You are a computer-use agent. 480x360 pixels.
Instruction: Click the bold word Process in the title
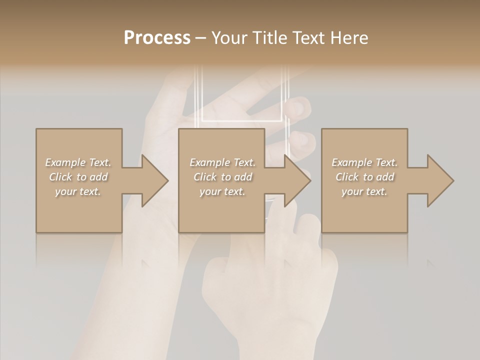157,38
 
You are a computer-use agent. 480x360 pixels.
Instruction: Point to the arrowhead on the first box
154,180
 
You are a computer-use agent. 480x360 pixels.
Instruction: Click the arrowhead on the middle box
297,180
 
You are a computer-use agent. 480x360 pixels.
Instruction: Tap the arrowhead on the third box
440,180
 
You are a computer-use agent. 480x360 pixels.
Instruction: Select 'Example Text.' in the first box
78,162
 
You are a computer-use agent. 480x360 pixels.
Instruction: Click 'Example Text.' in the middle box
222,162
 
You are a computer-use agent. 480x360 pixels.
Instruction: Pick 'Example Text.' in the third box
364,162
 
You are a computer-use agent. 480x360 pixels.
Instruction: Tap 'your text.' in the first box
78,191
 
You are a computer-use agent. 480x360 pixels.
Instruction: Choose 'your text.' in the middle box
222,191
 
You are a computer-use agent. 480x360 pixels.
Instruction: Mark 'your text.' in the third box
364,191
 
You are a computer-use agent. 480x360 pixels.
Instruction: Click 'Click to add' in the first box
78,177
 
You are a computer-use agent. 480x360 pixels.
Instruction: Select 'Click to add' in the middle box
222,177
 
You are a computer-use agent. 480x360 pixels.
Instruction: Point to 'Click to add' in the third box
364,177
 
